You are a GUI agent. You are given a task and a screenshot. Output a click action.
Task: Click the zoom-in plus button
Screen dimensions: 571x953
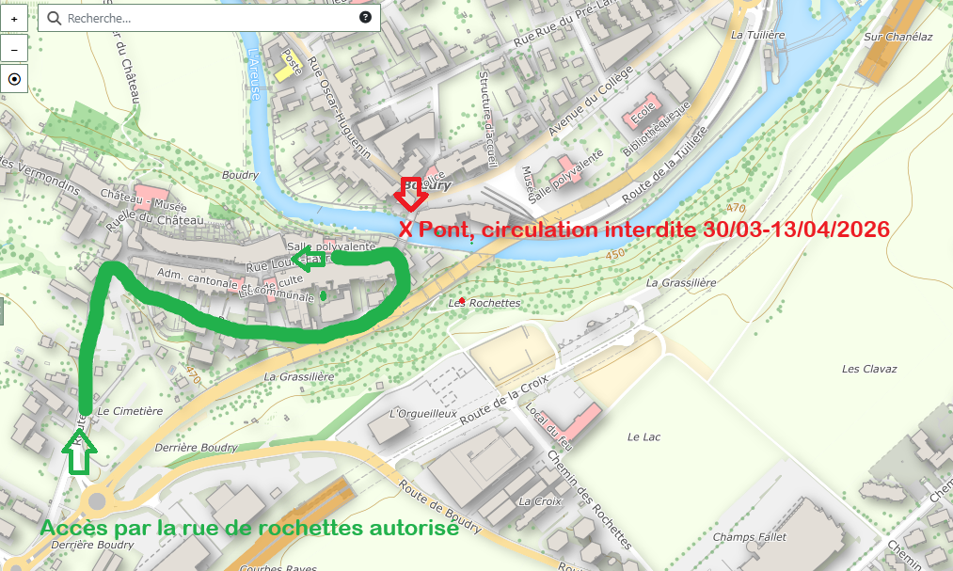[x=14, y=19]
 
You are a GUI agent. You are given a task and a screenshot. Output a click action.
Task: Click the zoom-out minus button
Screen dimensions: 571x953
[x=14, y=49]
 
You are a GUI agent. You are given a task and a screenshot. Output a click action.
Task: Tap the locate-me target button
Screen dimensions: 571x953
[x=14, y=80]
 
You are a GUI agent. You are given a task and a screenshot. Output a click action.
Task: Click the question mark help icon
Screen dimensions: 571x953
[x=365, y=18]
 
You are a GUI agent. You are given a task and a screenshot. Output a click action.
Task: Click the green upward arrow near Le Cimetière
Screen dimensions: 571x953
[x=79, y=452]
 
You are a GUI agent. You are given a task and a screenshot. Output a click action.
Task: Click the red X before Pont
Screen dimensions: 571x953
[x=405, y=230]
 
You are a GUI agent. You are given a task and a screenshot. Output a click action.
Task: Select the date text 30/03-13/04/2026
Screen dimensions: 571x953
[x=795, y=230]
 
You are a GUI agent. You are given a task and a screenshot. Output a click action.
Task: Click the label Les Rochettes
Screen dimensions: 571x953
[x=484, y=303]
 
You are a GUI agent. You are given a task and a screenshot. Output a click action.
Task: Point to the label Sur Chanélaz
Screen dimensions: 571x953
[x=897, y=37]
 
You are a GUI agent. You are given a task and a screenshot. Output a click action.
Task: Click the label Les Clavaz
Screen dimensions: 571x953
[x=869, y=369]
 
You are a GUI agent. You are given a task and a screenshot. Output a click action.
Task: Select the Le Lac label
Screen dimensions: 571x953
[x=646, y=437]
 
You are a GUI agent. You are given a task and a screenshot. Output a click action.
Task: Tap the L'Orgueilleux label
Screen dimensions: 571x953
[x=422, y=414]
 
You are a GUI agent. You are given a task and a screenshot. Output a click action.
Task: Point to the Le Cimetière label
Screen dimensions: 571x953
[x=130, y=411]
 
